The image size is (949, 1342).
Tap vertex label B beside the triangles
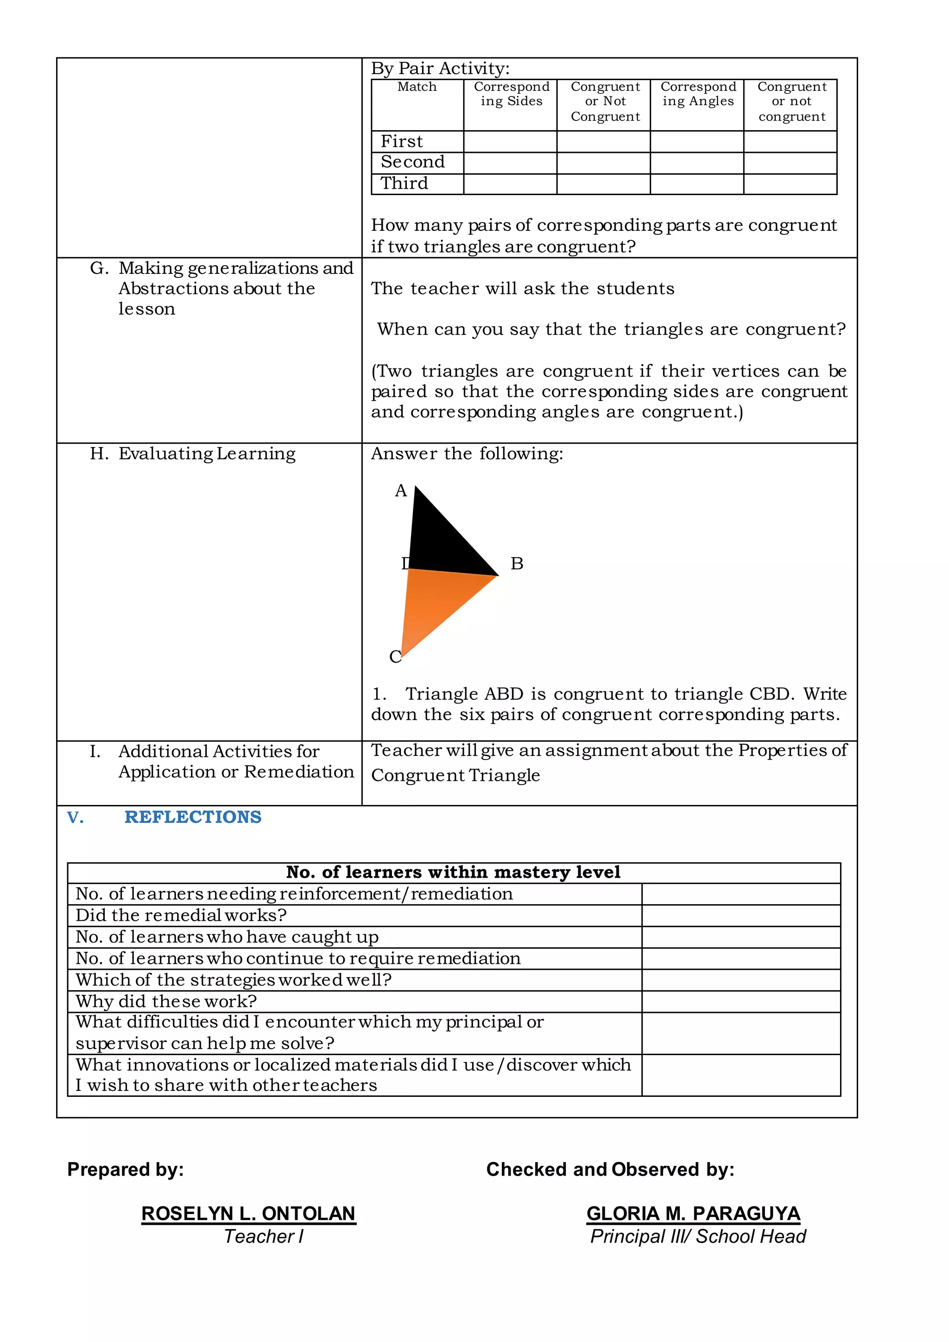pyautogui.click(x=517, y=563)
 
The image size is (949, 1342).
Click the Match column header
pyautogui.click(x=417, y=87)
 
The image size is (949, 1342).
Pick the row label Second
pyautogui.click(x=412, y=162)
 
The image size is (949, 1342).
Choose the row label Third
pyautogui.click(x=405, y=184)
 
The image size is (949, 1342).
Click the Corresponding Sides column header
pyautogui.click(x=511, y=94)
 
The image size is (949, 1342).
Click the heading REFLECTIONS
pyautogui.click(x=193, y=817)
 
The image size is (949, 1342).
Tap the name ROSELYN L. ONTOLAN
pyautogui.click(x=248, y=1214)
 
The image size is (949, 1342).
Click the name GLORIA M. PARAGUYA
pyautogui.click(x=693, y=1214)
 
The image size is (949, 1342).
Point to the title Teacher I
pyautogui.click(x=264, y=1236)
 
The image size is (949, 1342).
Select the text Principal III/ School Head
pyautogui.click(x=698, y=1236)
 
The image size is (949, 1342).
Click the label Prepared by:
pyautogui.click(x=126, y=1169)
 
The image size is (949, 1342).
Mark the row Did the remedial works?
pyautogui.click(x=181, y=915)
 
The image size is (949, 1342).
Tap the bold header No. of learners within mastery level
pyautogui.click(x=454, y=872)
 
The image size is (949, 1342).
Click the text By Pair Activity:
pyautogui.click(x=440, y=69)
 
